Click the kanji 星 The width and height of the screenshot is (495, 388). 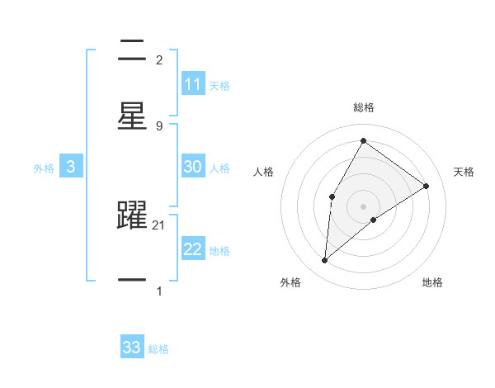pos(132,116)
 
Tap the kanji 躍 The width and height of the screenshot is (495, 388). pos(132,217)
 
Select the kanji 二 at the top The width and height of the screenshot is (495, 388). pos(132,51)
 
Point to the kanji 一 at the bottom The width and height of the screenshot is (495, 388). pos(132,281)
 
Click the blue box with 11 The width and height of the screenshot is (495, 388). pos(193,84)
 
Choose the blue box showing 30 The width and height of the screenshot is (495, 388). pos(193,167)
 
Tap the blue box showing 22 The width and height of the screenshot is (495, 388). pos(193,249)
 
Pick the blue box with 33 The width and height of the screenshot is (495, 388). pos(132,348)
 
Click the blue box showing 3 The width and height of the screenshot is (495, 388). pos(71,167)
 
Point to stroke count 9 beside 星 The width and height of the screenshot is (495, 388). pos(158,125)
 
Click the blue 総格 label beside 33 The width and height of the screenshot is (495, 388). pos(159,349)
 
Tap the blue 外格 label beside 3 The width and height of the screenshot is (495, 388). pos(44,168)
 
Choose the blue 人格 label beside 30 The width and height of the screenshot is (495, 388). pos(219,168)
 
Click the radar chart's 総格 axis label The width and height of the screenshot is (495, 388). pos(364,107)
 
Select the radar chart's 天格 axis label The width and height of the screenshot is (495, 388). pos(464,172)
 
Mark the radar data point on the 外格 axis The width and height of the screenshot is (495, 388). pos(325,261)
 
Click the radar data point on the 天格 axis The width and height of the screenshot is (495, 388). pos(427,186)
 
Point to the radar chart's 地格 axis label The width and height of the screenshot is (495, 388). pos(432,283)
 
